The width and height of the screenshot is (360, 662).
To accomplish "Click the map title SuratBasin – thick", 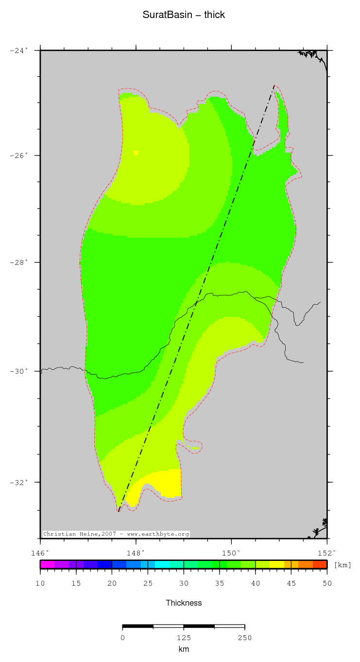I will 184,15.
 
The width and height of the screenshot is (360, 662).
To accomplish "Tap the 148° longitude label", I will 136,553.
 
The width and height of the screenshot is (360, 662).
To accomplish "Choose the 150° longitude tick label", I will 231,553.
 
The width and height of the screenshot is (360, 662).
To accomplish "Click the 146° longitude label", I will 40,553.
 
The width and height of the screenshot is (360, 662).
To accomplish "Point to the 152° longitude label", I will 326,553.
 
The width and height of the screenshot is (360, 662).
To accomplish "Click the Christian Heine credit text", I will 116,534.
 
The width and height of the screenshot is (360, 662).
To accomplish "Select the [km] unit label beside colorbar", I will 343,565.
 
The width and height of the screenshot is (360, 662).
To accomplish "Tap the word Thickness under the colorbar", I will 184,603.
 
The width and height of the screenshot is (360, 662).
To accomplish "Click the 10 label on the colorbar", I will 40,583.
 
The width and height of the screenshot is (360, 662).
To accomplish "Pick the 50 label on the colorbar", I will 327,583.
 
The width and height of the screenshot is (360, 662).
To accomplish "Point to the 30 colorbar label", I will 184,583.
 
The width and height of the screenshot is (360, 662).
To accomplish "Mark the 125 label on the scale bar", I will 184,638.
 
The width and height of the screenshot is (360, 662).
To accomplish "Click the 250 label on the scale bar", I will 244,638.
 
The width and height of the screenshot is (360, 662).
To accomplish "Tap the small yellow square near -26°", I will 136,153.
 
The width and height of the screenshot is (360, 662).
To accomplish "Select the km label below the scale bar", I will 184,649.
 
